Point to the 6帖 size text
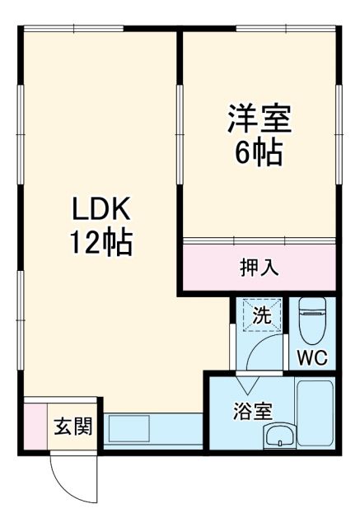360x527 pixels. (259, 152)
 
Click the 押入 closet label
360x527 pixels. (258, 267)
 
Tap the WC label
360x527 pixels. (313, 358)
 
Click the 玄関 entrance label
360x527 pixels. (74, 427)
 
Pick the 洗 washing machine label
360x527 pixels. (260, 315)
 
